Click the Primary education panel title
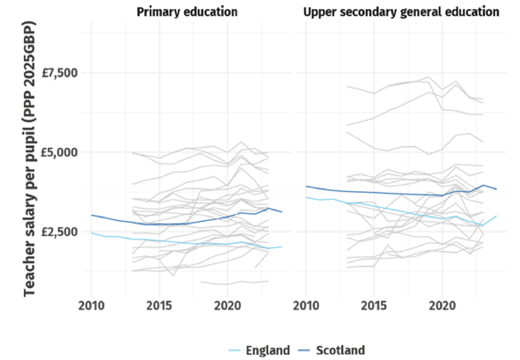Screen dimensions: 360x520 (x=187, y=12)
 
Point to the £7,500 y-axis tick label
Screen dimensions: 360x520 (x=59, y=72)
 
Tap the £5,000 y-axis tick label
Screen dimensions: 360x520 (x=59, y=152)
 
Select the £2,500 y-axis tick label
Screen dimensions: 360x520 (x=59, y=232)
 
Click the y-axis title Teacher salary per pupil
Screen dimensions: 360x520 (x=29, y=159)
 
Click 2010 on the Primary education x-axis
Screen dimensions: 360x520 (x=91, y=305)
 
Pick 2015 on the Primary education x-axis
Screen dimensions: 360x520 (x=159, y=305)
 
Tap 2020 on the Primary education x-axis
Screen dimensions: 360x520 (x=227, y=305)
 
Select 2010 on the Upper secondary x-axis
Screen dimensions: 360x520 (x=305, y=305)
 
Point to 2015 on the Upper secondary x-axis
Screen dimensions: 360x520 (x=374, y=305)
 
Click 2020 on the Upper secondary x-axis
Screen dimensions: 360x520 (x=442, y=305)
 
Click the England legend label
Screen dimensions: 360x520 (x=268, y=350)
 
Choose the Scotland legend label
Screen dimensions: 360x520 (x=340, y=350)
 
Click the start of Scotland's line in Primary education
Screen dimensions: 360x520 (x=91, y=215)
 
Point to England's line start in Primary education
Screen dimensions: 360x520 (x=91, y=233)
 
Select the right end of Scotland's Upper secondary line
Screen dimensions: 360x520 (x=497, y=189)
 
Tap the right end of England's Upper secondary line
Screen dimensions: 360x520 (x=497, y=216)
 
